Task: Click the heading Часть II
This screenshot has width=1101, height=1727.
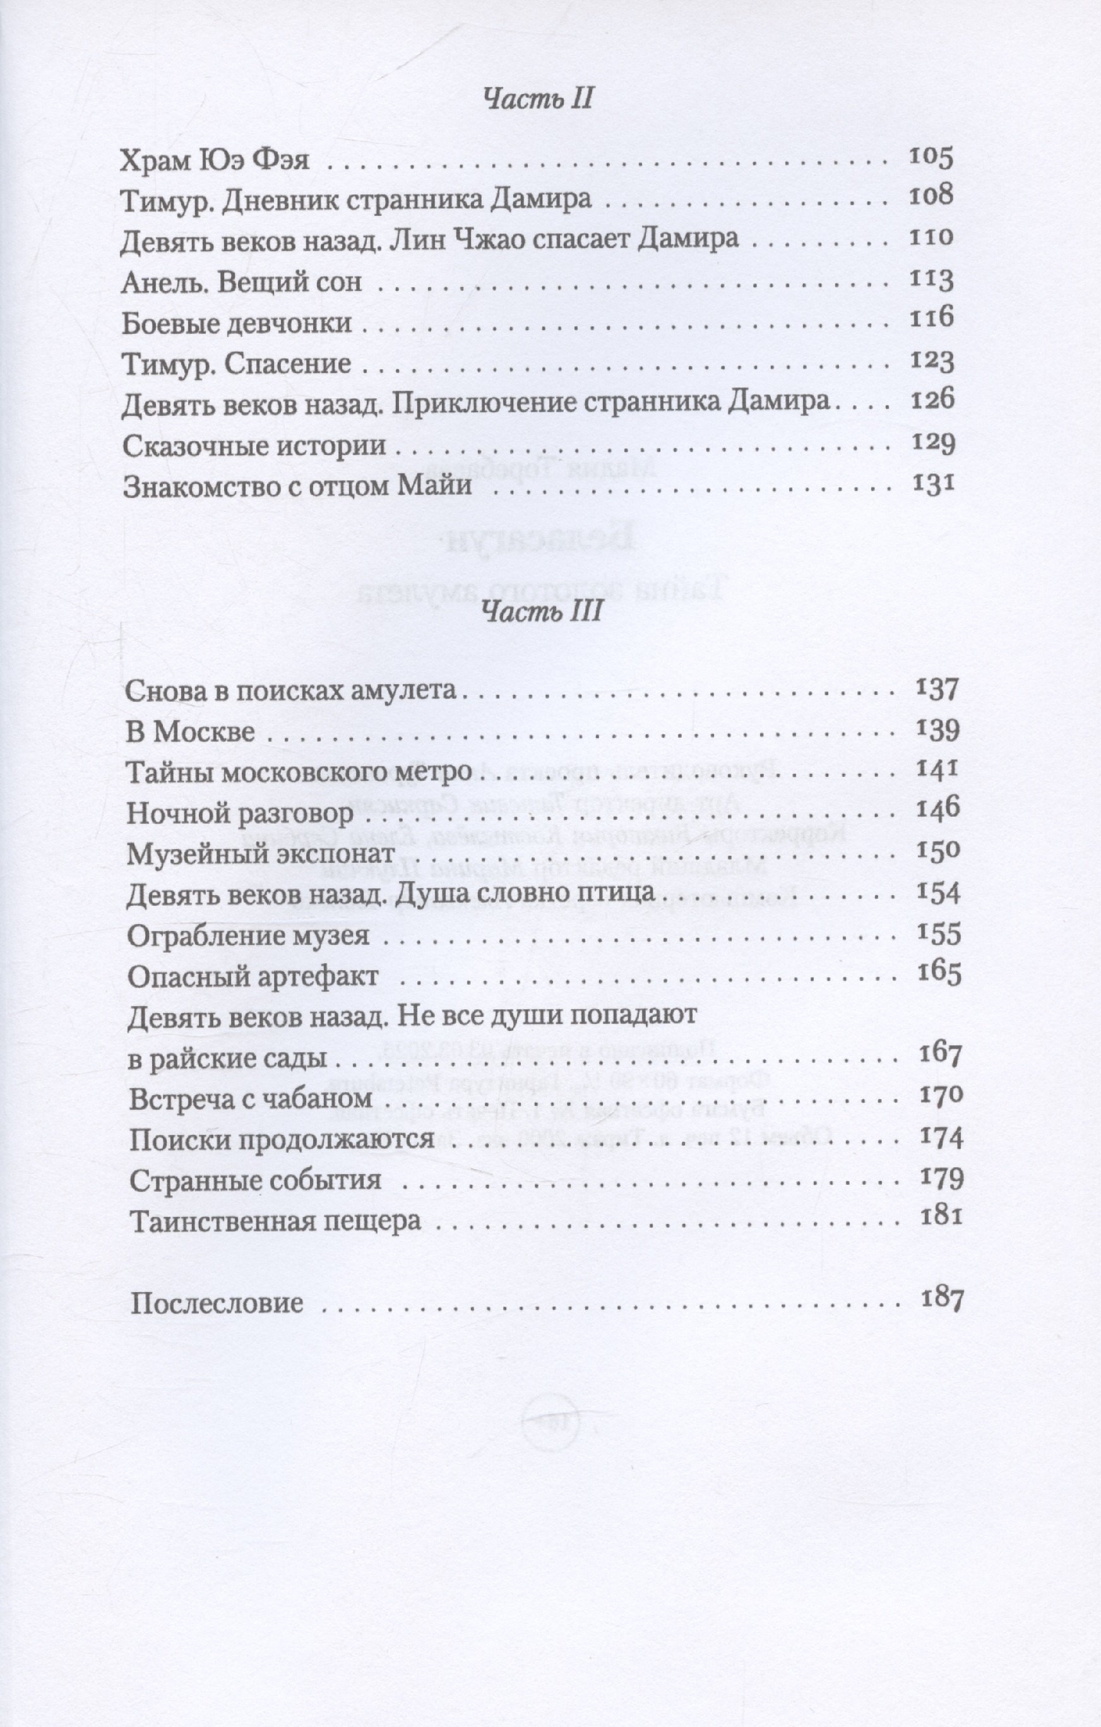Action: click(537, 99)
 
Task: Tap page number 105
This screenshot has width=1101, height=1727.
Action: click(931, 157)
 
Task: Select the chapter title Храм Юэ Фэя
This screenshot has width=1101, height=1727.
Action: click(215, 159)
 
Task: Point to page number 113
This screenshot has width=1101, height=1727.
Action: click(931, 278)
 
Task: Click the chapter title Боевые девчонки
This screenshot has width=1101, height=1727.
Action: click(237, 323)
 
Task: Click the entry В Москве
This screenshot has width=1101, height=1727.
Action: click(190, 732)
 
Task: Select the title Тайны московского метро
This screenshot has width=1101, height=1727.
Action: click(299, 773)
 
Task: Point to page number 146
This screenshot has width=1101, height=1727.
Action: click(938, 807)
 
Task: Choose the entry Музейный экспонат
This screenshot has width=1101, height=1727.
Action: click(261, 854)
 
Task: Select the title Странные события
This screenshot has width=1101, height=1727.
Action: click(254, 1180)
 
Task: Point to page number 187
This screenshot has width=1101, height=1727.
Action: click(941, 1299)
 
